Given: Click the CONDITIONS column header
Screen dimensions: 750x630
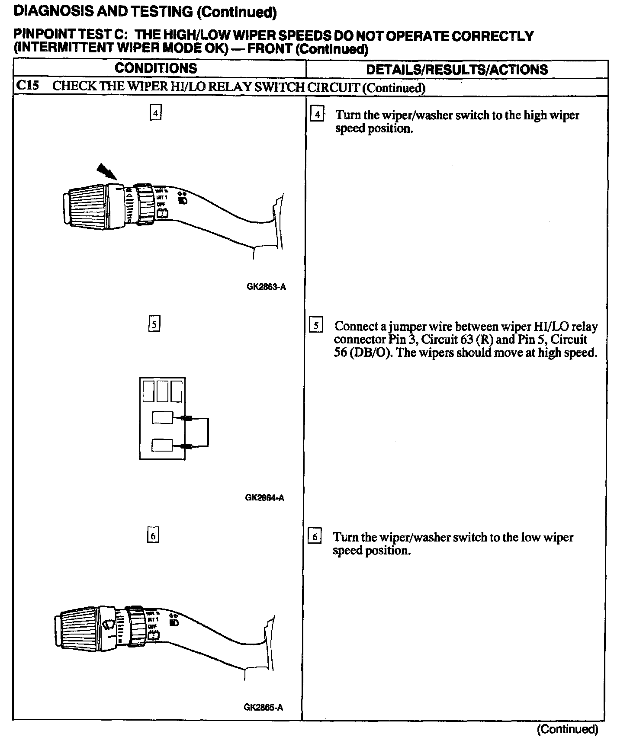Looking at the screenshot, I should pyautogui.click(x=156, y=68).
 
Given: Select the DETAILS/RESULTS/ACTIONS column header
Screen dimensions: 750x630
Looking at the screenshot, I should pyautogui.click(x=457, y=70).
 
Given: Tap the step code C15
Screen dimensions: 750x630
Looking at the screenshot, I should pyautogui.click(x=27, y=85).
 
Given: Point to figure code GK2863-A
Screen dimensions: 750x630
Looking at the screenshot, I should pyautogui.click(x=266, y=287).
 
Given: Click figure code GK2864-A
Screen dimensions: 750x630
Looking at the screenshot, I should pyautogui.click(x=264, y=498).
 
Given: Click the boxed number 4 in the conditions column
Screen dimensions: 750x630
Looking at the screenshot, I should pyautogui.click(x=155, y=113).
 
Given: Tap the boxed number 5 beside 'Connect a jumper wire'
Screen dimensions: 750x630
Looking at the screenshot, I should pyautogui.click(x=316, y=325).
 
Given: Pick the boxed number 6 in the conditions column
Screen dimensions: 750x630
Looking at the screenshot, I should pyautogui.click(x=153, y=536).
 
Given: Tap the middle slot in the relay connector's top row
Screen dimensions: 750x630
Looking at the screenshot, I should pyautogui.click(x=162, y=390).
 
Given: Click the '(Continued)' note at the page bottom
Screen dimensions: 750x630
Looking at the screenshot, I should pyautogui.click(x=567, y=730).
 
